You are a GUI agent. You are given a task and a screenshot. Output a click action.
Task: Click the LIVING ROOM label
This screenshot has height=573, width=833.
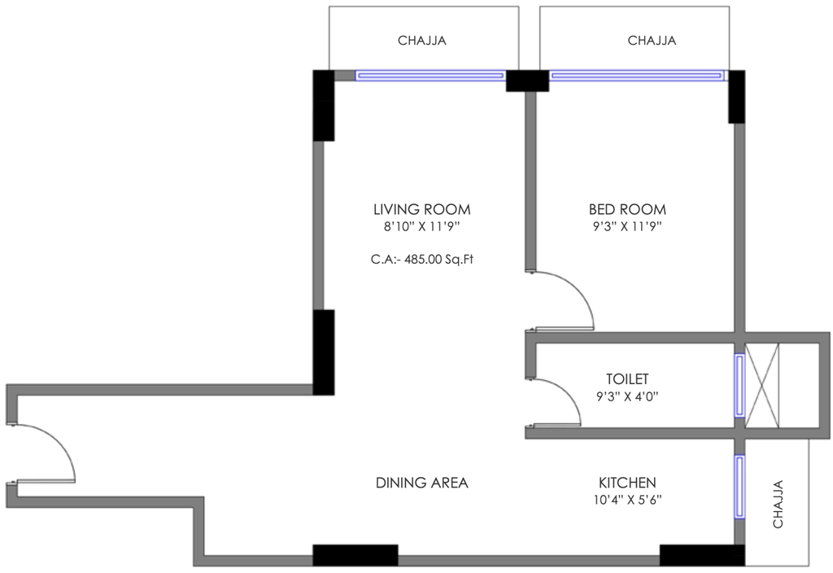[x=422, y=209]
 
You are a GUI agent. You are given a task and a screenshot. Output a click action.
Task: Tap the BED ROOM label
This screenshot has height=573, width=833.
[x=627, y=209]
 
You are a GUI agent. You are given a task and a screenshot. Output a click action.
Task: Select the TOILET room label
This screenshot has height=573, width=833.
[x=627, y=378]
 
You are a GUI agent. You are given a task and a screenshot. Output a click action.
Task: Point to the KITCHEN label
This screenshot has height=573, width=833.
[x=627, y=483]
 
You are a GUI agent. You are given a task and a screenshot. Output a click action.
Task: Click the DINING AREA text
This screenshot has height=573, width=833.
[x=422, y=483]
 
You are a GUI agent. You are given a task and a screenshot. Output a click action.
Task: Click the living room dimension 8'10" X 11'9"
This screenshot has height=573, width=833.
[x=422, y=227]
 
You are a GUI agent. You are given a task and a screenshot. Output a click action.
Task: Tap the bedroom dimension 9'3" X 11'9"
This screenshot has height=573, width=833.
[x=627, y=227]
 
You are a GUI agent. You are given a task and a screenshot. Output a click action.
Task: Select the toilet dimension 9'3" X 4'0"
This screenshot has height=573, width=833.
[x=627, y=396]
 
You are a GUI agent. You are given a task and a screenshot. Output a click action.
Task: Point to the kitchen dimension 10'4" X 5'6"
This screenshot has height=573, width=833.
[x=627, y=500]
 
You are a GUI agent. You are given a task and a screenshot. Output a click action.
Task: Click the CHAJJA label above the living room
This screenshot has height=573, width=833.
[x=422, y=41]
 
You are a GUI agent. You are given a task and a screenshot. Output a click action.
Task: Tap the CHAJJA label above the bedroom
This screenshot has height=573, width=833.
[x=652, y=41]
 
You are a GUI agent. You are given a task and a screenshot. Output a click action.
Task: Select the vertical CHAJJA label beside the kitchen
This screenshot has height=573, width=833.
[x=778, y=504]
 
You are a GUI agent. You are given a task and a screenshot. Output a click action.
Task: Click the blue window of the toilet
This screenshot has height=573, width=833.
[x=739, y=385]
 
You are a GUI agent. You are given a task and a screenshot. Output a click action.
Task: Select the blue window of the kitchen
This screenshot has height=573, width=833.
[x=739, y=487]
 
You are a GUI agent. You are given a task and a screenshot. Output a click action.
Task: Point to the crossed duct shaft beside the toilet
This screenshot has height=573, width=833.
[x=762, y=385]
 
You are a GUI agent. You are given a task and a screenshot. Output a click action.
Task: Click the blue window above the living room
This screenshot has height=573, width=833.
[x=430, y=76]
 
